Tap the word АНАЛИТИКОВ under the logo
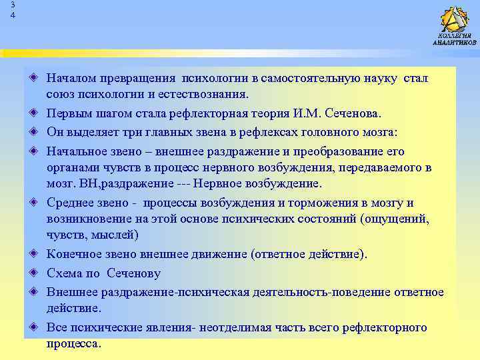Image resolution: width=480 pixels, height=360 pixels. (x=454, y=42)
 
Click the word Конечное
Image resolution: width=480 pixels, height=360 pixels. (x=74, y=253)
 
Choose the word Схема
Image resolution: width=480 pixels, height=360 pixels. (x=64, y=272)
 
